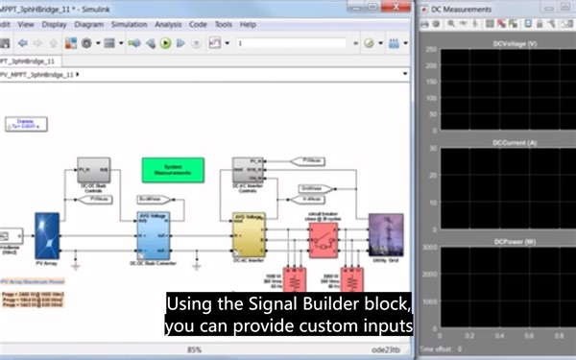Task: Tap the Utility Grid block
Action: pos(386,235)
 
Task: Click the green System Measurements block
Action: pos(173,170)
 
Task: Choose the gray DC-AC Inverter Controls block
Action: pos(249,169)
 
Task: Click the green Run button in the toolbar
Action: pos(166,43)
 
